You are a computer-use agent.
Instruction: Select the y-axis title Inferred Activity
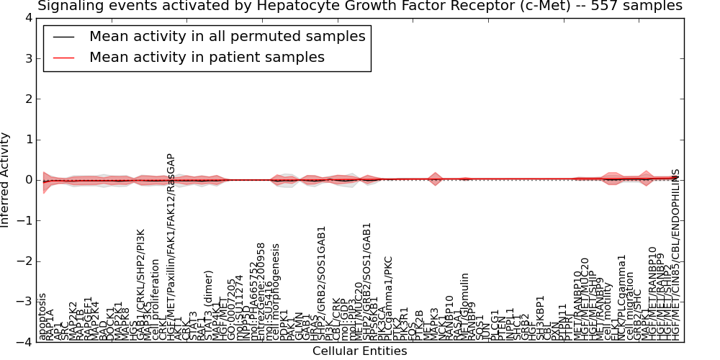(x=6, y=180)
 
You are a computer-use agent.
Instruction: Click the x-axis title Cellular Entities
(x=359, y=351)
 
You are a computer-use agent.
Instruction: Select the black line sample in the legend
(x=65, y=37)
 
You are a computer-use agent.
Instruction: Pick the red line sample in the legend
(x=65, y=57)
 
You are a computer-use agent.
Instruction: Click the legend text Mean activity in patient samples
(x=207, y=57)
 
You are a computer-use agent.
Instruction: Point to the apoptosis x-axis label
(x=42, y=317)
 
